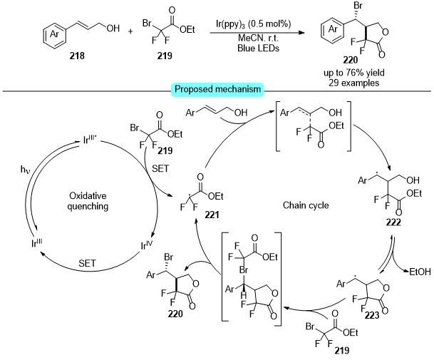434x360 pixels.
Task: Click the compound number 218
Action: [77, 56]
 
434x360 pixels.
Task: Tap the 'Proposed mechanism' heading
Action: [218, 89]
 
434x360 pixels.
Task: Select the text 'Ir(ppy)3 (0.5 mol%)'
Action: [253, 24]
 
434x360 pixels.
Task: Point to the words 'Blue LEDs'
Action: [258, 48]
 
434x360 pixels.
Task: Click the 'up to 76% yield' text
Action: [354, 73]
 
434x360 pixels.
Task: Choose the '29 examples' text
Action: [354, 83]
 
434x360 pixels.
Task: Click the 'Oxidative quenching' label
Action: [88, 201]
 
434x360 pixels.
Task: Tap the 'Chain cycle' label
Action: [306, 205]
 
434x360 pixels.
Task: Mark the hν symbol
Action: [25, 169]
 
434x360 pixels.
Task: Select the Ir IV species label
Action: [147, 245]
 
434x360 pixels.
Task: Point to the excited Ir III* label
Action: [90, 139]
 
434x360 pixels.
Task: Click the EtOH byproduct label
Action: [420, 272]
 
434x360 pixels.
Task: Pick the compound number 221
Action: [212, 215]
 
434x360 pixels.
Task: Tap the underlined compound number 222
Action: [393, 222]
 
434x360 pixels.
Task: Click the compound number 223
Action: [372, 315]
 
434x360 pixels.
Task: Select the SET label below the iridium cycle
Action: [87, 263]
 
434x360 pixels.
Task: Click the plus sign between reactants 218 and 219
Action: [130, 31]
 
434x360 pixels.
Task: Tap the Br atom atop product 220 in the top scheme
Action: [358, 6]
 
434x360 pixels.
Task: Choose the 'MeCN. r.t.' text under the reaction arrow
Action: [258, 38]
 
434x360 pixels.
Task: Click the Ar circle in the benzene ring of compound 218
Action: [55, 34]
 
